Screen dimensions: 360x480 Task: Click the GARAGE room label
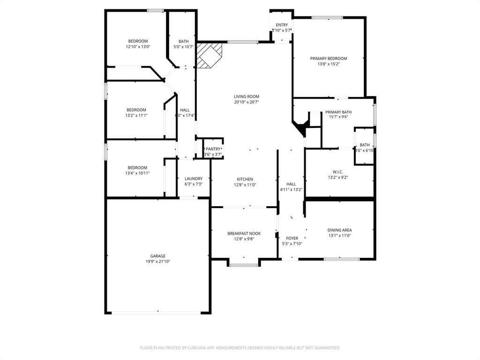(x=157, y=256)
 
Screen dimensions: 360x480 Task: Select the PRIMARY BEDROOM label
(x=328, y=59)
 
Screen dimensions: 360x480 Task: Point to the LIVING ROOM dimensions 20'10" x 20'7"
(x=247, y=102)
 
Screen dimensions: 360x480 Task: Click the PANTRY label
(x=212, y=149)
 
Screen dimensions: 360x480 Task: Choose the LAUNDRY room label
(x=194, y=179)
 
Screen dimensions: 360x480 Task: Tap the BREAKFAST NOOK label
(x=244, y=233)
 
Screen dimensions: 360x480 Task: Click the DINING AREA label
(x=339, y=230)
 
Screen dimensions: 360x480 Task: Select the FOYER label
(x=292, y=239)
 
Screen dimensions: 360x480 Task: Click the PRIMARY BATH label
(x=338, y=112)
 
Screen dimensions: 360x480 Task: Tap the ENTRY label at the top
(x=282, y=25)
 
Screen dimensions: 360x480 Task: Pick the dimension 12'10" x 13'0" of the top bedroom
(x=138, y=47)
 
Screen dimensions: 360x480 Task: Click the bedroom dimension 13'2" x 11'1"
(x=136, y=115)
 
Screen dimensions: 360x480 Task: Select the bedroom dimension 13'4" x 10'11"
(x=137, y=173)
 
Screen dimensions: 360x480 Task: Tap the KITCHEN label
(x=245, y=179)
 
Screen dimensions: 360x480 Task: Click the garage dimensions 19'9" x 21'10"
(x=157, y=262)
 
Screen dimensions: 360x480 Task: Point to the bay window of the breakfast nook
(x=244, y=265)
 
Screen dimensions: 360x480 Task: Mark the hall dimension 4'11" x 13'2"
(x=291, y=190)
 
